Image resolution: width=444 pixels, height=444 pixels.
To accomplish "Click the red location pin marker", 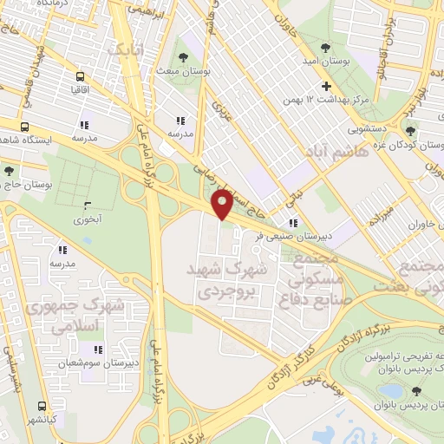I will point(222,203).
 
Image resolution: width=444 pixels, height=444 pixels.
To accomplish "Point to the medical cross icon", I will point(326,86).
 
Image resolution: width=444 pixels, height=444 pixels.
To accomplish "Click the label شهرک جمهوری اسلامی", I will point(62,316).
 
